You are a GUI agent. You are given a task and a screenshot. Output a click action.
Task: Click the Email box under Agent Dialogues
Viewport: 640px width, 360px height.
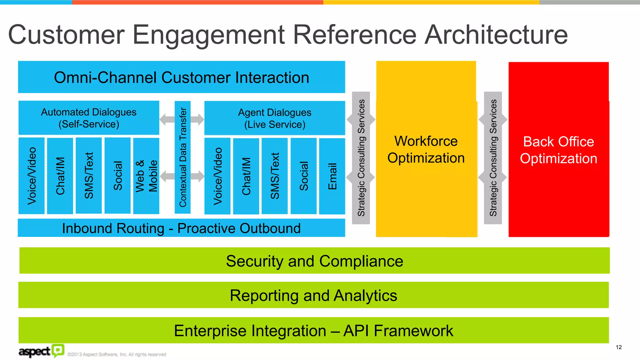click(332, 176)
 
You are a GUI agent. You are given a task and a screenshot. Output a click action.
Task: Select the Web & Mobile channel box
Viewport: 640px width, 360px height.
click(146, 176)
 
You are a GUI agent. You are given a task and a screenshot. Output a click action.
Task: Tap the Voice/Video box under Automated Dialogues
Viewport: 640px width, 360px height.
click(32, 176)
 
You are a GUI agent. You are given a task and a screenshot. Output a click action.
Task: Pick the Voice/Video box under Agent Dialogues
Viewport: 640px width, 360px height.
click(217, 176)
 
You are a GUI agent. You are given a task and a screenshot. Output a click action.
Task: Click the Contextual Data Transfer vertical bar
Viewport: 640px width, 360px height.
click(182, 157)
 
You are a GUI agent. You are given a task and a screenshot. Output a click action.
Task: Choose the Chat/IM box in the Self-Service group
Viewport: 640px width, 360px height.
click(60, 176)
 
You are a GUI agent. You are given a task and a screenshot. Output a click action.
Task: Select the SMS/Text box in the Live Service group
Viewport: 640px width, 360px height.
click(274, 176)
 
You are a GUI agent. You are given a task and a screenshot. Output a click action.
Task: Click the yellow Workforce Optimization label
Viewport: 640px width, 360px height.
click(426, 149)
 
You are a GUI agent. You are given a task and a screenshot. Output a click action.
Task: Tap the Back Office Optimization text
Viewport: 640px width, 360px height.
click(558, 150)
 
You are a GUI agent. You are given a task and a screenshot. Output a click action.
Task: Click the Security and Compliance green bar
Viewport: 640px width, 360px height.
click(314, 261)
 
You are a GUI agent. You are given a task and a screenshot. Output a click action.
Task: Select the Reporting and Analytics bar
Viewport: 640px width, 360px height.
click(313, 295)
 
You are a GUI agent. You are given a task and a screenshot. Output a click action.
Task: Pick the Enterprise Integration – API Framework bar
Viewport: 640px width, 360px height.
click(313, 330)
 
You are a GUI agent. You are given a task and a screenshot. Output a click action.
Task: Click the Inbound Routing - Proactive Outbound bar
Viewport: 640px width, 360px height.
click(181, 228)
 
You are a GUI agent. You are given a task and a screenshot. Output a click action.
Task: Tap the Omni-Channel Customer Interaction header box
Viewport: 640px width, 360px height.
click(181, 77)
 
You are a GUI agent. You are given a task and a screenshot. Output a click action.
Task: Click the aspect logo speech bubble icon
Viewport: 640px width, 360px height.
click(58, 350)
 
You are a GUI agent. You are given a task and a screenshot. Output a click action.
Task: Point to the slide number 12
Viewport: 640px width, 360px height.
click(618, 347)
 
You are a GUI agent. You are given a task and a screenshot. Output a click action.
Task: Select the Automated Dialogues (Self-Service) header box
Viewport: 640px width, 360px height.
click(89, 118)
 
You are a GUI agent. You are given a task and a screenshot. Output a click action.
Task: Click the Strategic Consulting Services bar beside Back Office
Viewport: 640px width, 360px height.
click(493, 158)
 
